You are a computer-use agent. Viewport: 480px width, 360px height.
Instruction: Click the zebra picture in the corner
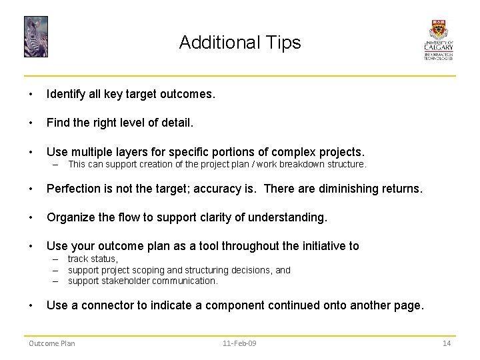pyautogui.click(x=36, y=37)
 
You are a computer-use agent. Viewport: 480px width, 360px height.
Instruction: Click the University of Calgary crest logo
pyautogui.click(x=439, y=40)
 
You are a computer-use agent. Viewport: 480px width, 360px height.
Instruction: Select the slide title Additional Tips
pyautogui.click(x=240, y=43)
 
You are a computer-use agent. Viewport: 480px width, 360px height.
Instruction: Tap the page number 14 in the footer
pyautogui.click(x=447, y=343)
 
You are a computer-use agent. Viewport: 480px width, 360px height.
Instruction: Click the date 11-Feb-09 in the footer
pyautogui.click(x=240, y=343)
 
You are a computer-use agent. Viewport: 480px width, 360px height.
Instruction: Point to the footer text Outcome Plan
pyautogui.click(x=51, y=343)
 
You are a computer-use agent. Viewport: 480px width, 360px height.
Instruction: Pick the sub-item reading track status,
pyautogui.click(x=93, y=259)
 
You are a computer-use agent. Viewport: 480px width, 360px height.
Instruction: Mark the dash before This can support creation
pyautogui.click(x=56, y=164)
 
